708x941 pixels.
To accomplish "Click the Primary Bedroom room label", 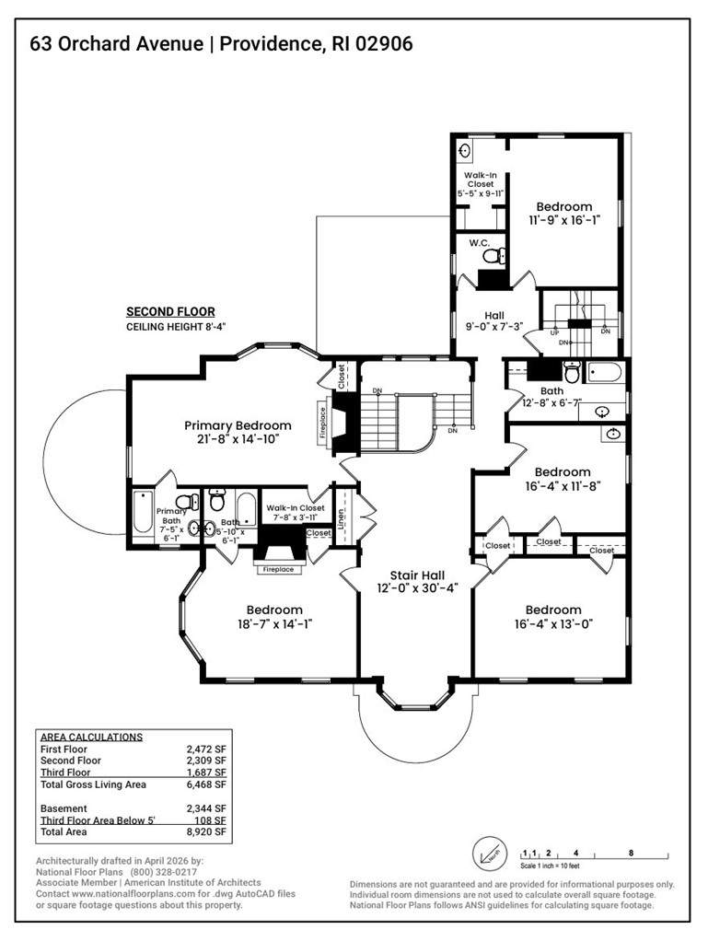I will pos(238,425).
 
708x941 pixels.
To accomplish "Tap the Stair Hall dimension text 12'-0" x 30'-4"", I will pos(417,587).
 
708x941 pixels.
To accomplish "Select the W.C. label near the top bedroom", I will pos(478,244).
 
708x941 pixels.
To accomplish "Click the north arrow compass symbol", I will pos(488,853).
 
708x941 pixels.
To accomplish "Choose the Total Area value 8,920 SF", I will pos(205,831).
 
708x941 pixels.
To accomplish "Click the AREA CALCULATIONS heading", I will pos(91,737).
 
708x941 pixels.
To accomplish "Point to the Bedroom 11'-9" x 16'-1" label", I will pos(564,207).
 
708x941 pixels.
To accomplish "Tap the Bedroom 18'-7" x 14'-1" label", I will pos(274,610).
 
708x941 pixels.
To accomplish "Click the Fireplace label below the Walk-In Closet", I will pos(278,570).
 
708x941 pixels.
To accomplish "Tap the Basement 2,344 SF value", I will pos(205,808).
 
